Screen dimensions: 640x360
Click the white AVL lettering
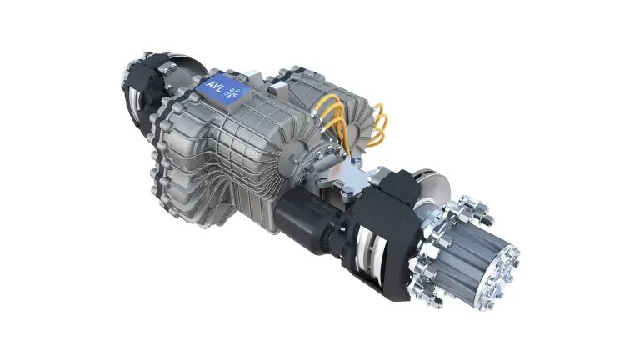coord(215,87)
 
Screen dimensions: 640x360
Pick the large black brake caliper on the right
coord(380,228)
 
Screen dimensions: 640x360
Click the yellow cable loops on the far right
coord(377,124)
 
